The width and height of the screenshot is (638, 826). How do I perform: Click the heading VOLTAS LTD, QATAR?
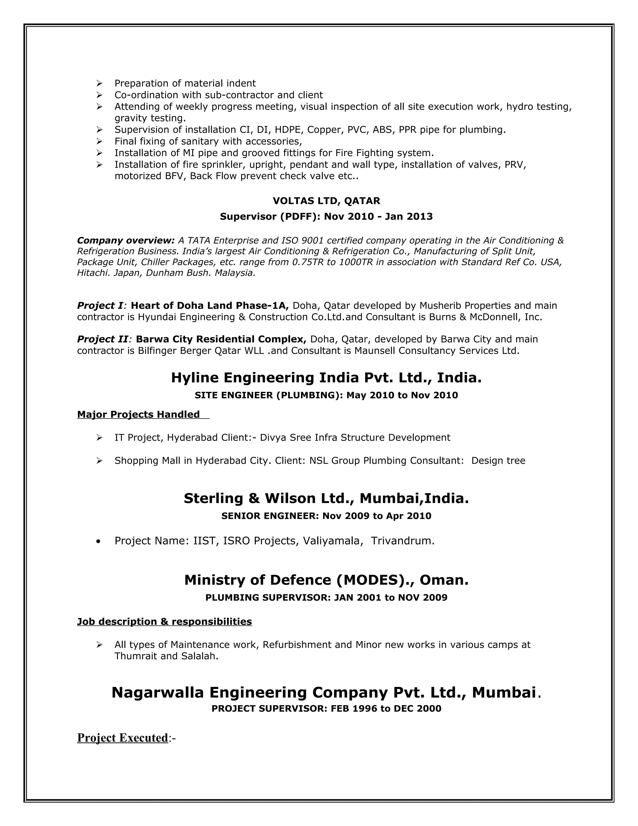coord(326,201)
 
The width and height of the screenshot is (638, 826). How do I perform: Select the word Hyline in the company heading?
coord(195,377)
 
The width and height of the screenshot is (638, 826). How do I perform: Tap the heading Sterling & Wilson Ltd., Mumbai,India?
coord(326,498)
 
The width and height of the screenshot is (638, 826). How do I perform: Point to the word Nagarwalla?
coord(158,693)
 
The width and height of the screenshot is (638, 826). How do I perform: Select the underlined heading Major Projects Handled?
coord(138,415)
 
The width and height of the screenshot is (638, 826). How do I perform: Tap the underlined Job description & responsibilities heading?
coord(164,622)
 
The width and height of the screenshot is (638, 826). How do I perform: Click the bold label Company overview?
coord(126,241)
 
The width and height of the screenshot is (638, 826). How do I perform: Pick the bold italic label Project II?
coord(102,339)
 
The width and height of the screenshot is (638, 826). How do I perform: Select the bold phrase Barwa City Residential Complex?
coord(221,339)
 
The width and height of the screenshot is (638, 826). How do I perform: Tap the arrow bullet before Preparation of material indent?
coord(99,83)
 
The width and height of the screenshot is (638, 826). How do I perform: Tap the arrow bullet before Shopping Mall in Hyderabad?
coord(99,461)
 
